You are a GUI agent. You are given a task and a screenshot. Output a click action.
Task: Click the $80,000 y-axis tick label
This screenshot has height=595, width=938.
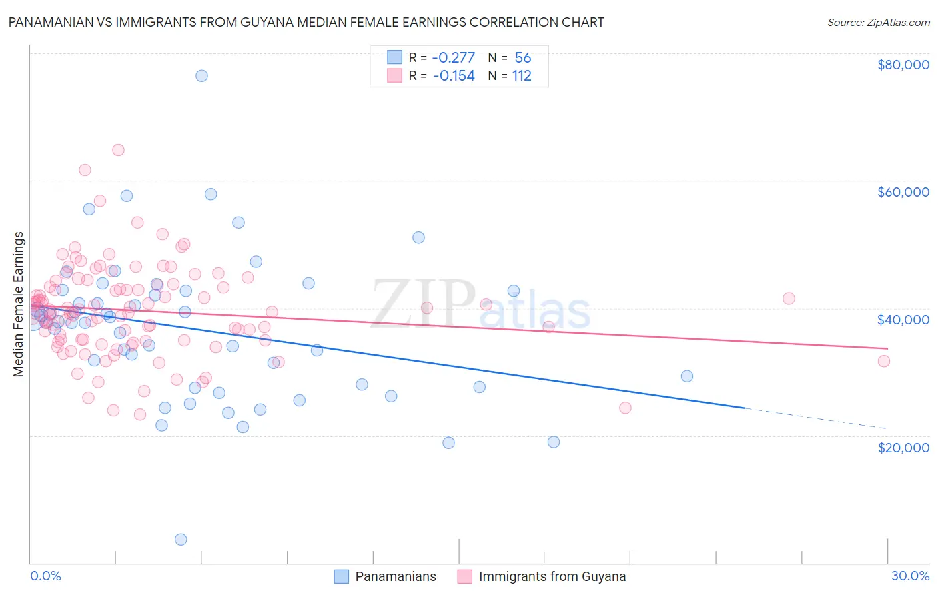click(x=903, y=65)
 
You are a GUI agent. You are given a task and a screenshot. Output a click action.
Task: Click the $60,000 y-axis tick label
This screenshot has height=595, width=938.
click(x=903, y=192)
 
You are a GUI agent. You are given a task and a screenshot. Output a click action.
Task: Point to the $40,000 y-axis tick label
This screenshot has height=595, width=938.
click(x=903, y=320)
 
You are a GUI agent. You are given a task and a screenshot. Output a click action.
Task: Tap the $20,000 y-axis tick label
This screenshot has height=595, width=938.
click(x=903, y=447)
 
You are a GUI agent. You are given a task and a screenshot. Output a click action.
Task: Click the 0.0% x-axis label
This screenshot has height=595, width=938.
click(x=45, y=576)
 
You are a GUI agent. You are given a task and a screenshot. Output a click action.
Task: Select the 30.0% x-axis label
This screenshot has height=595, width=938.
click(x=910, y=576)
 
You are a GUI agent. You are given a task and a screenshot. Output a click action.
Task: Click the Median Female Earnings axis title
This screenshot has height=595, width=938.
click(x=19, y=304)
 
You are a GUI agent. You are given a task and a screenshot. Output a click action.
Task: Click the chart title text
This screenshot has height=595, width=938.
click(x=306, y=22)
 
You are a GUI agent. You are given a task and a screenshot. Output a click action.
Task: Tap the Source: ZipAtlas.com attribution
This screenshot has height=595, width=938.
click(x=878, y=22)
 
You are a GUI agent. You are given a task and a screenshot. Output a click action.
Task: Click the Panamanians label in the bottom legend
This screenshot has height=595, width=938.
click(x=395, y=576)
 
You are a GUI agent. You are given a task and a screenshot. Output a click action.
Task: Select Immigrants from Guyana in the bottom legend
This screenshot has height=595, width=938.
click(x=552, y=576)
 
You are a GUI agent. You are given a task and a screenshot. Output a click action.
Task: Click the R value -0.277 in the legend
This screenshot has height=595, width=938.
click(x=454, y=57)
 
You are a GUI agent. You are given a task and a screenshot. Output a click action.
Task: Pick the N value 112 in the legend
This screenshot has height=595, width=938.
click(x=522, y=76)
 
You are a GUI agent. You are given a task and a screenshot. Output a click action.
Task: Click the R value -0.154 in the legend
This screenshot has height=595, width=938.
click(x=454, y=76)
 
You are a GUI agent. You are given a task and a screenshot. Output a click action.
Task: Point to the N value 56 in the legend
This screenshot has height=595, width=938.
click(x=523, y=57)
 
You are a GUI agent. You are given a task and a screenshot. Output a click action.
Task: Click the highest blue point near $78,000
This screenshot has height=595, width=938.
click(x=201, y=76)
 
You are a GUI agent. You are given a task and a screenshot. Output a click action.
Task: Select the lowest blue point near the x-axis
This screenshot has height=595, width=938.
click(x=181, y=540)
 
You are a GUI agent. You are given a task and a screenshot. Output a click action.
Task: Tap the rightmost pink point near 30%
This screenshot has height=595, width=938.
click(x=884, y=361)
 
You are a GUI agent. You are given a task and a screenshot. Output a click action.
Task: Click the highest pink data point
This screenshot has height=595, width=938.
click(x=118, y=150)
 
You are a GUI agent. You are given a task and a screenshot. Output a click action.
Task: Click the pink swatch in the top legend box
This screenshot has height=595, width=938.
click(x=394, y=76)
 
